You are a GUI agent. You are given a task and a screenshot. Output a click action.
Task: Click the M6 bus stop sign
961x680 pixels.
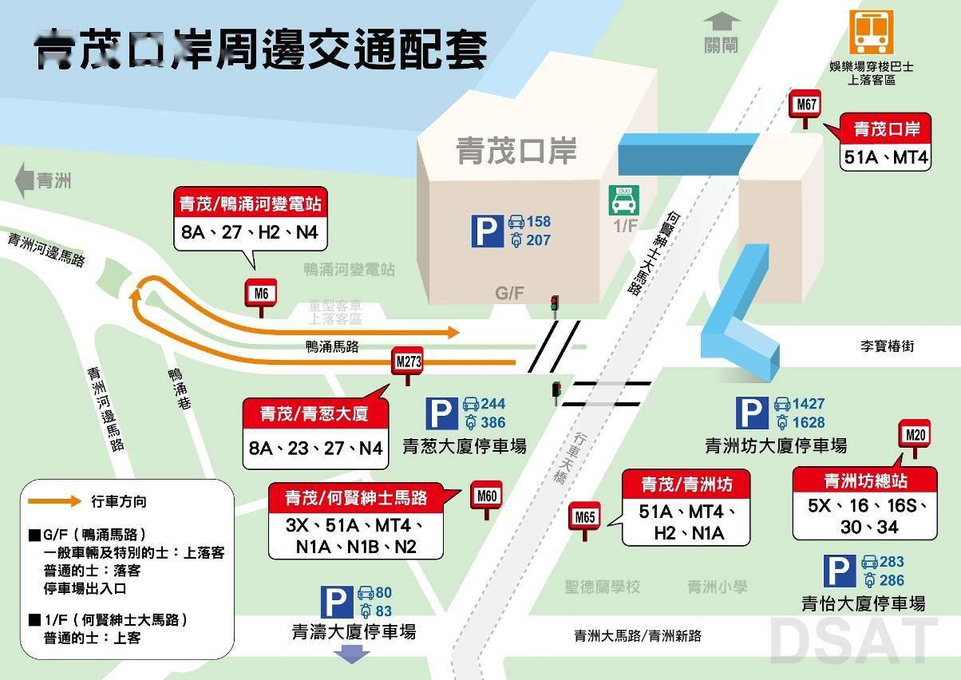point(261,295)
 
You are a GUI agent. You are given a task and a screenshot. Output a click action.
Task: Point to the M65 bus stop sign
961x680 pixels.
point(585,518)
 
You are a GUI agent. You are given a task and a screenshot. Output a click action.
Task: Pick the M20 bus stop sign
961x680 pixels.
point(916,436)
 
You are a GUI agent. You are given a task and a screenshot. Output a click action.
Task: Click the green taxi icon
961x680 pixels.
point(623,200)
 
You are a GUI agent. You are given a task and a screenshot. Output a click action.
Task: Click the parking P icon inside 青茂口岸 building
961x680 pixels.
point(487,231)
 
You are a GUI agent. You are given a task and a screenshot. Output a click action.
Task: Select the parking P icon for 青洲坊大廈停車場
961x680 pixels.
point(752,413)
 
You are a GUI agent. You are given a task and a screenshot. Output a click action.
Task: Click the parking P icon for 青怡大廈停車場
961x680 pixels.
point(840,571)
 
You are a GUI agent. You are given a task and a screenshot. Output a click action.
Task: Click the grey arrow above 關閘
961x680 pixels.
point(722,22)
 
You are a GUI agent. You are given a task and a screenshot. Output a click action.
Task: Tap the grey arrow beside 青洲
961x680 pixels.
point(25,180)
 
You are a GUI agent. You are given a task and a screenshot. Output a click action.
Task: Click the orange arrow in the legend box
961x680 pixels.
point(54,501)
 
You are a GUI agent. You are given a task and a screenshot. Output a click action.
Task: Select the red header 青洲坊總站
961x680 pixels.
point(865,481)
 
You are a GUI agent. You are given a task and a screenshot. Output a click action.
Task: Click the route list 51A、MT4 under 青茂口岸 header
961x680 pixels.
point(886,157)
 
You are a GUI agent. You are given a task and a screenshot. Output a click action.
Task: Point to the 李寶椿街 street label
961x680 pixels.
point(887,347)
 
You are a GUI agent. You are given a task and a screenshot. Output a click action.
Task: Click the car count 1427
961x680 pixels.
point(809,404)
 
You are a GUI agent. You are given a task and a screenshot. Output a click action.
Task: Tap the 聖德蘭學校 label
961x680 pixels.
point(602,587)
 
